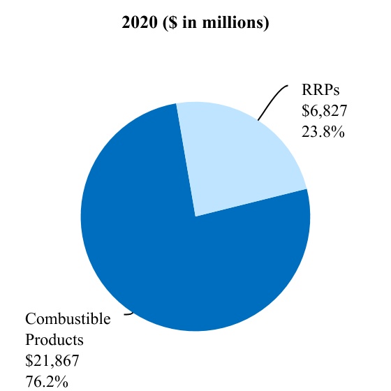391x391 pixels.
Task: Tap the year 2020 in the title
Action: click(x=138, y=23)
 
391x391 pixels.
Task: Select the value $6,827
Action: click(x=324, y=112)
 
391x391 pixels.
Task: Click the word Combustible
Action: click(x=68, y=320)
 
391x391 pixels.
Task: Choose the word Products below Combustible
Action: click(x=54, y=340)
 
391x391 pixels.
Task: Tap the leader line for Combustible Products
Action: click(x=128, y=314)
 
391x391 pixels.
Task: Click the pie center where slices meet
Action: click(x=195, y=216)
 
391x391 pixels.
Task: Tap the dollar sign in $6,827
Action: click(x=305, y=112)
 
